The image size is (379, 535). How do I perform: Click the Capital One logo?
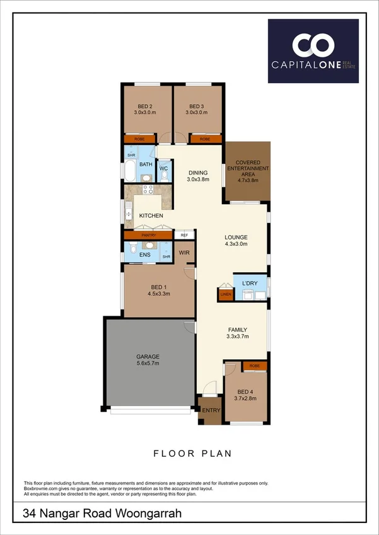(313, 51)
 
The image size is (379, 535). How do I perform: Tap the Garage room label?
(148, 360)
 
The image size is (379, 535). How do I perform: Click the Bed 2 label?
(144, 109)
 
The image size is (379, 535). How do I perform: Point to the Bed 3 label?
(197, 109)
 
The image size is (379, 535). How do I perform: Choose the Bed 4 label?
(246, 395)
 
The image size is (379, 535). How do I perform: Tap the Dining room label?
(198, 175)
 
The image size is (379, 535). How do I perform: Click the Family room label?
(238, 333)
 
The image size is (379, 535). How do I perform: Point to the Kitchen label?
(151, 216)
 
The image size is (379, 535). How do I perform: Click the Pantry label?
(148, 235)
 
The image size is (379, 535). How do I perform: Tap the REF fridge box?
(184, 235)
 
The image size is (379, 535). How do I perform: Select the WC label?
(163, 169)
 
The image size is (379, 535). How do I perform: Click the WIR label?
(184, 253)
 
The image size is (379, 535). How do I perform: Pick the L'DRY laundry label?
(250, 283)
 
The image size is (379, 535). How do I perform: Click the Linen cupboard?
(224, 294)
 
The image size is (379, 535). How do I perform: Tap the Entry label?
(211, 411)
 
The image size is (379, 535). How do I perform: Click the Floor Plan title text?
(192, 452)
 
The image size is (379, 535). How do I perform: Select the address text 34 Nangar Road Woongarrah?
(102, 514)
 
